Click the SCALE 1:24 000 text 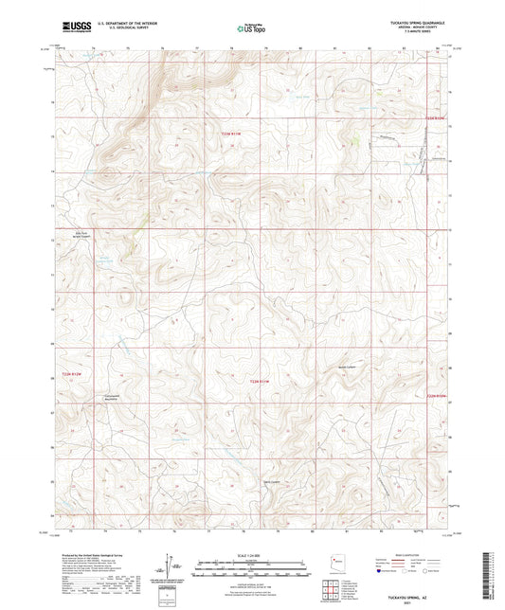point(252,555)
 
